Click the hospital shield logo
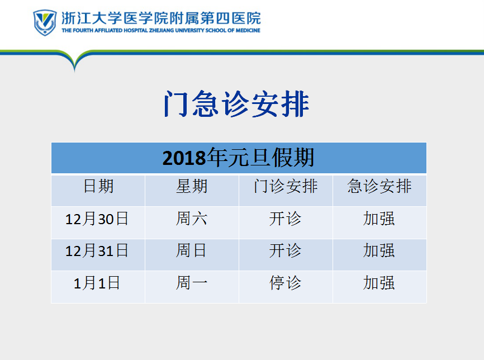pos(45,22)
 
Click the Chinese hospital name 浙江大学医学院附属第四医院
pos(161,18)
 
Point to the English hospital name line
pos(161,30)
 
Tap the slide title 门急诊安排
pos(236,104)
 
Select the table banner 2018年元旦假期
pos(238,158)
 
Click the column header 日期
pos(98,186)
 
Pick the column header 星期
pos(192,186)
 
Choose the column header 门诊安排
pos(286,186)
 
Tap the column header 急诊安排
pos(379,186)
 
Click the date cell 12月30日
pos(97,219)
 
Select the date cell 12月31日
pos(97,250)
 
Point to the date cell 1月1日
pos(97,283)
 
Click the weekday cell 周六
pos(192,219)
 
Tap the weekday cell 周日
pos(191,250)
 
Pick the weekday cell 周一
pos(192,283)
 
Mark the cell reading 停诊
pos(285,283)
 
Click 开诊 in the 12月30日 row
pos(285,219)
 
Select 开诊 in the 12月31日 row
pos(285,250)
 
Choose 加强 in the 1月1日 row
pos(379,283)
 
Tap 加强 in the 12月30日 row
pos(379,219)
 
